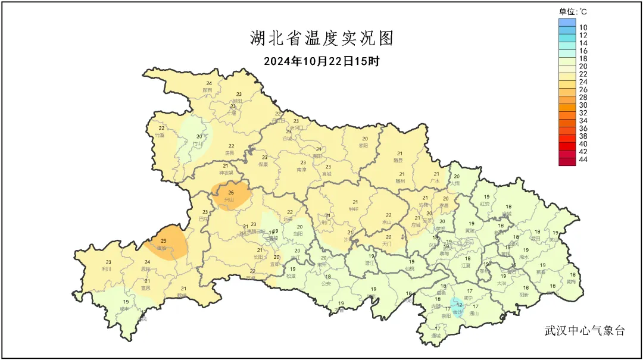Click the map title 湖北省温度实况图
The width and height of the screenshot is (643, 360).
[321, 39]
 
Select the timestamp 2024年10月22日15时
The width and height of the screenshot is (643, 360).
[321, 61]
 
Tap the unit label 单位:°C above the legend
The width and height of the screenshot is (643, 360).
[573, 11]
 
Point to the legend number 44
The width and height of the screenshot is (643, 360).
[583, 160]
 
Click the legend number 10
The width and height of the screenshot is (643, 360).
[583, 27]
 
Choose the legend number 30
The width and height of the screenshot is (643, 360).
[583, 105]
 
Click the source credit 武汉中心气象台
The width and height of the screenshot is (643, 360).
[585, 331]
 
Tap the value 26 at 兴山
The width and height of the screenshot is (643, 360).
[231, 192]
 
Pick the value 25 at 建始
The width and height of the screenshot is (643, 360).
[163, 240]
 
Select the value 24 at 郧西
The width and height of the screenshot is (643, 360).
[208, 83]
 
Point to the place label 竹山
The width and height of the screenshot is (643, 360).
[199, 143]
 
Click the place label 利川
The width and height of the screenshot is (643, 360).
[108, 269]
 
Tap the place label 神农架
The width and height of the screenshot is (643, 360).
[226, 173]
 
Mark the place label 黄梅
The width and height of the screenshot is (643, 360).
[571, 281]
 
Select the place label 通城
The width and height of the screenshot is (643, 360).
[438, 336]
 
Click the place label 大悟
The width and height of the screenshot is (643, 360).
[456, 183]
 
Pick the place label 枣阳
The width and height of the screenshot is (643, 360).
[364, 145]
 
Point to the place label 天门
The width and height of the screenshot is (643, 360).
[388, 244]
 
